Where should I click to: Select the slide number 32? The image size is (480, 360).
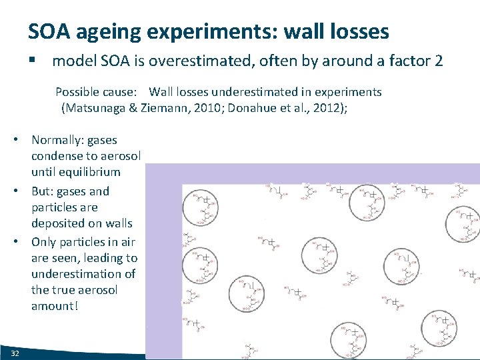coord(15,351)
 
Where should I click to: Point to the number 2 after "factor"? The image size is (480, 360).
coord(438,61)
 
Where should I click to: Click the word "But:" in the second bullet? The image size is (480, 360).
coord(44,191)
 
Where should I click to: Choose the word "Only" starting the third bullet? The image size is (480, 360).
coord(45,242)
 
